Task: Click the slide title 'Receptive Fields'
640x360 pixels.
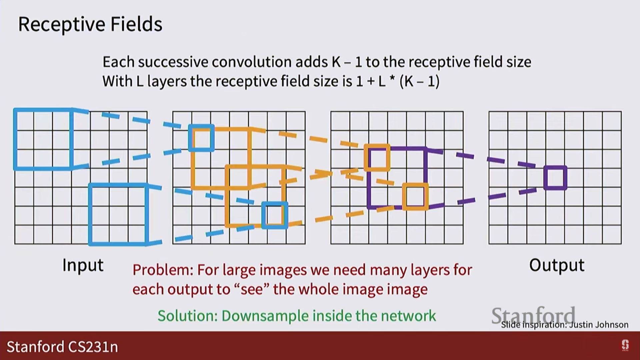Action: pos(90,24)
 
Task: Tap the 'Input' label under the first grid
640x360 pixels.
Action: pos(83,265)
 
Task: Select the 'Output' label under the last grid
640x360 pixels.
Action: pos(557,265)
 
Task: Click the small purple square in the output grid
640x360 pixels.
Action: pos(555,178)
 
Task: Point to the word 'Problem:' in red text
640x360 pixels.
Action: pos(163,270)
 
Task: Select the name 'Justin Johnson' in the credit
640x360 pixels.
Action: pos(599,325)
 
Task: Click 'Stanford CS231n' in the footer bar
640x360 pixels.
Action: pos(62,347)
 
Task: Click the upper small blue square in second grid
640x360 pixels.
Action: pos(201,138)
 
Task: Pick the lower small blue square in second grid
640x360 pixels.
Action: pos(275,215)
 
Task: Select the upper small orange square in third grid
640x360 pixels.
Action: pos(377,158)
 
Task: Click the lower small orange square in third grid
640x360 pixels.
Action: pos(415,197)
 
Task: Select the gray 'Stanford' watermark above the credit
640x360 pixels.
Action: pos(533,315)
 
